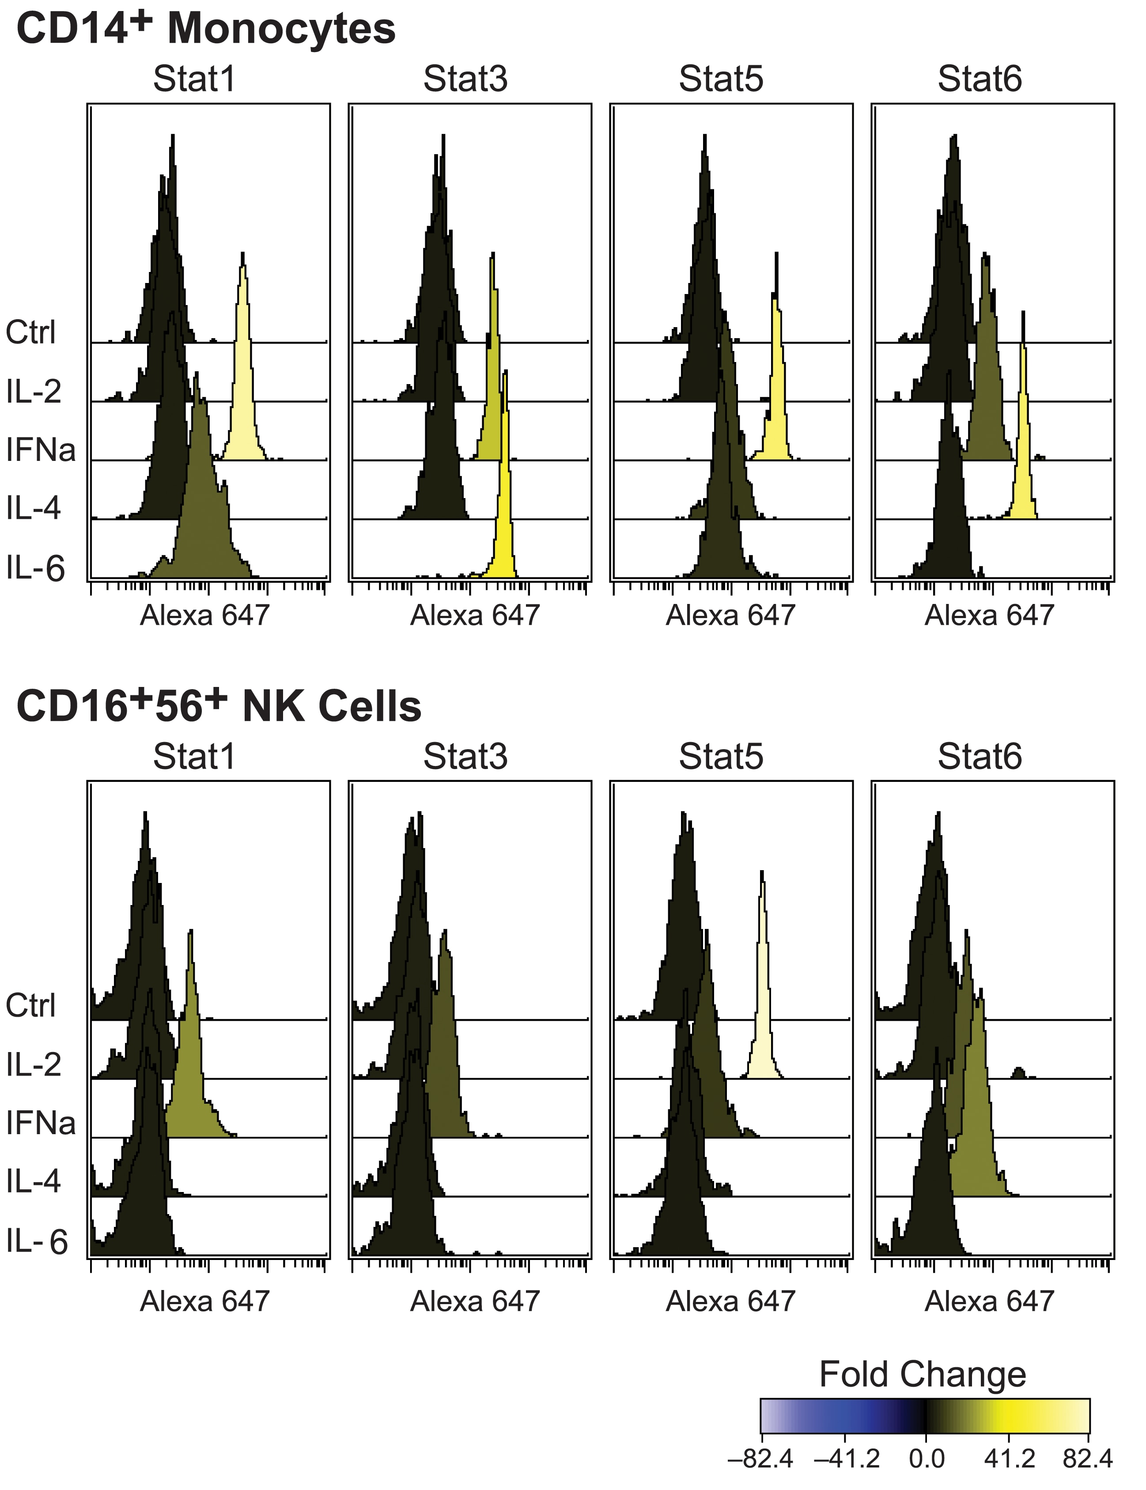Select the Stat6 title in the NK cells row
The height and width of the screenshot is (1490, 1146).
[980, 757]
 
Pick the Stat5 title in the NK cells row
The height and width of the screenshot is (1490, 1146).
[721, 757]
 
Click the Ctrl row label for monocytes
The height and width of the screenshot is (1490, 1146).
[31, 333]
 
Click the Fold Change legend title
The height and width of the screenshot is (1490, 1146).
[922, 1375]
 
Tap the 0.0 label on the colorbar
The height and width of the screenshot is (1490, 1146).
[927, 1459]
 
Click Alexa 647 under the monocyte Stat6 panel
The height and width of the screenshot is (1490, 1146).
[989, 616]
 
